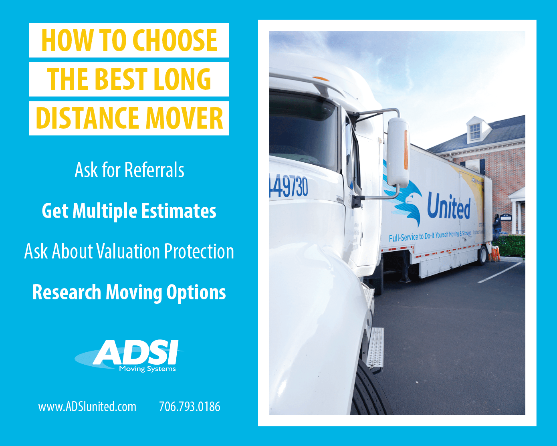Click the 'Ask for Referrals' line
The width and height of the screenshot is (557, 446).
[x=129, y=170]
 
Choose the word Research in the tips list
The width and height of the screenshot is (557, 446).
[x=67, y=292]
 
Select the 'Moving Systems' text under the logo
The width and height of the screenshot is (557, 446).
[x=147, y=369]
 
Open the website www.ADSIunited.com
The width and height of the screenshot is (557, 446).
[x=87, y=407]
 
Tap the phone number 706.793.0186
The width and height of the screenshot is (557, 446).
[x=190, y=407]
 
